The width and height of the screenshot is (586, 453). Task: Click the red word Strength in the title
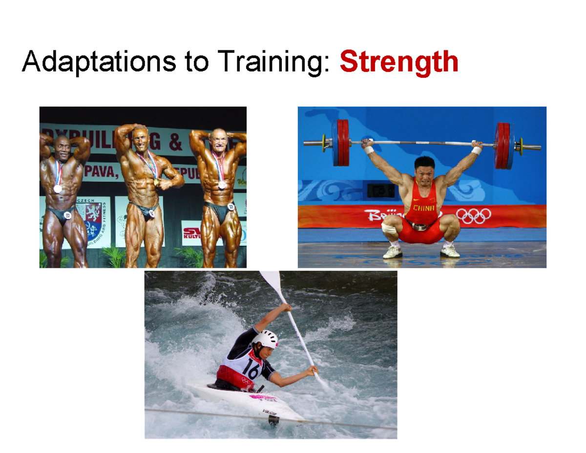pyautogui.click(x=399, y=63)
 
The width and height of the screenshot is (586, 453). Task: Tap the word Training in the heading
pyautogui.click(x=271, y=63)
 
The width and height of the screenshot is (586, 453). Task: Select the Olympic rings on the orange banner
pyautogui.click(x=473, y=216)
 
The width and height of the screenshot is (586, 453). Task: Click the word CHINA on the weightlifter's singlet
pyautogui.click(x=423, y=208)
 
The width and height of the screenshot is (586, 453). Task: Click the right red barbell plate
pyautogui.click(x=504, y=145)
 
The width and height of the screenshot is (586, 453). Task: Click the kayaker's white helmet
pyautogui.click(x=265, y=339)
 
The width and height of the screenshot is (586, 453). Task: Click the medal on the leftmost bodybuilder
pyautogui.click(x=58, y=189)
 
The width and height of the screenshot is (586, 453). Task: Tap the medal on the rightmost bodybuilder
pyautogui.click(x=222, y=185)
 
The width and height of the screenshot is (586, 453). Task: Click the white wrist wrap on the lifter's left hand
pyautogui.click(x=476, y=150)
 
